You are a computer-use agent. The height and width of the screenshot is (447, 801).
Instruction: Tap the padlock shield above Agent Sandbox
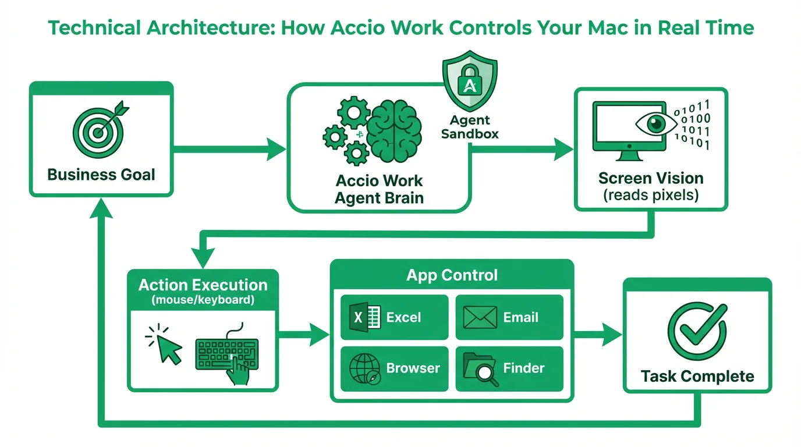tap(470, 81)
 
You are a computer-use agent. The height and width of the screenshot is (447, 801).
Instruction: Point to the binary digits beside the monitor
tap(692, 125)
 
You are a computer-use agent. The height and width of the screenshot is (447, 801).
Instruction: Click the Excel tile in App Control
tap(394, 317)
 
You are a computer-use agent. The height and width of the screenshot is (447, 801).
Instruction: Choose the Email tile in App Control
tap(509, 317)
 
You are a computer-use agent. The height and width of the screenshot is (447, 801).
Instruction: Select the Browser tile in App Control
tap(394, 368)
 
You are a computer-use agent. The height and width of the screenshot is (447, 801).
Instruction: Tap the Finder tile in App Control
tap(509, 368)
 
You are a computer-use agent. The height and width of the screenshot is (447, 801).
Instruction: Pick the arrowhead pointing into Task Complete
tap(612, 335)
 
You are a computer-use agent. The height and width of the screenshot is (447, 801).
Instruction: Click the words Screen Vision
tap(650, 178)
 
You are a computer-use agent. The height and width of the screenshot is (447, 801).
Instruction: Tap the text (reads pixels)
tap(650, 194)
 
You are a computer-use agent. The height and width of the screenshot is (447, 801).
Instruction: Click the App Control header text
tap(452, 275)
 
